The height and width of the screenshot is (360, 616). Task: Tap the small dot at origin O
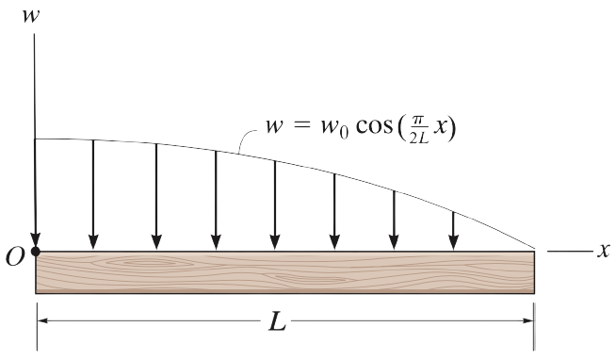[36, 252]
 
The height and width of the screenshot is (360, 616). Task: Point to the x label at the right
[603, 251]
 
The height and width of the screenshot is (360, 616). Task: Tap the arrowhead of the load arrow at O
[36, 239]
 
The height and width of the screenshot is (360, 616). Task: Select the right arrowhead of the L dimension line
[529, 321]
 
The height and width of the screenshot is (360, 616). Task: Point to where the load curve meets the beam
[535, 251]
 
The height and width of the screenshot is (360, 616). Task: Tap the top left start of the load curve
[36, 139]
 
